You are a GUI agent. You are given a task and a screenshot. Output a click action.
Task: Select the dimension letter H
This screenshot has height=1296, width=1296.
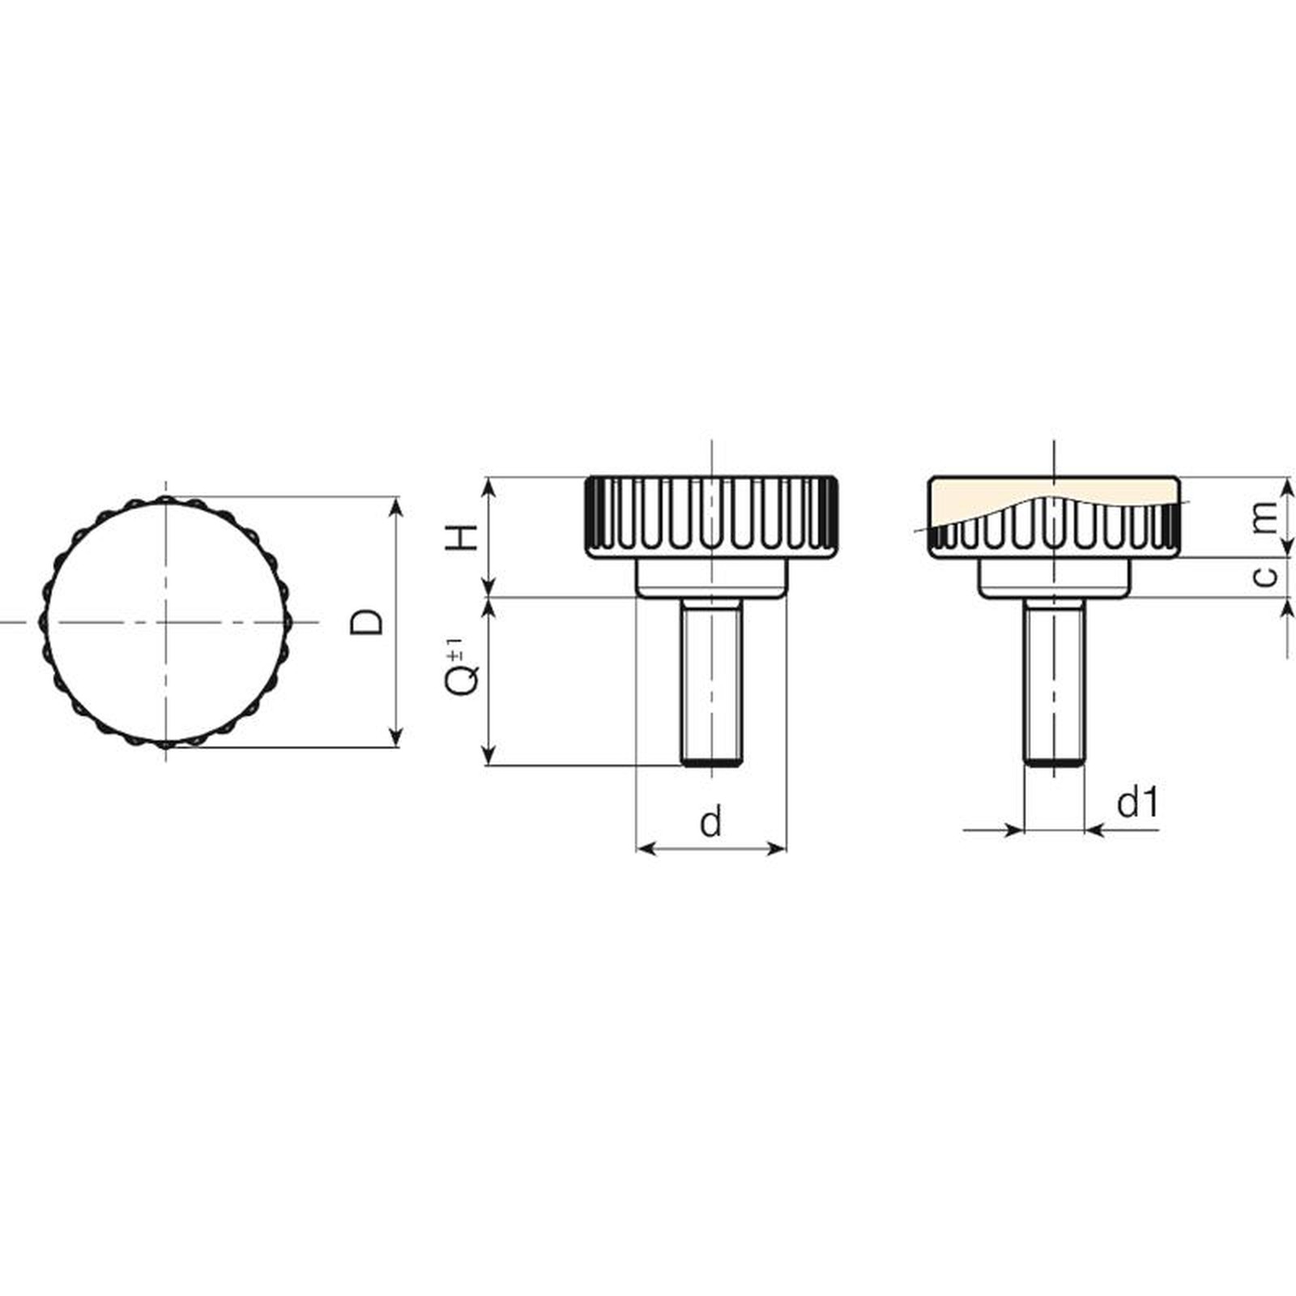[464, 537]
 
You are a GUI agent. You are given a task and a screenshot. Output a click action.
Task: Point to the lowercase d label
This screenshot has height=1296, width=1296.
[710, 822]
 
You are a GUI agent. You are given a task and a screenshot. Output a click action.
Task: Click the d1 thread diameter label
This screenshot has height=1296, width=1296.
[1138, 803]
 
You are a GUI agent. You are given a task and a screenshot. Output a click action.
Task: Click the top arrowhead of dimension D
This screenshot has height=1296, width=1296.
[395, 505]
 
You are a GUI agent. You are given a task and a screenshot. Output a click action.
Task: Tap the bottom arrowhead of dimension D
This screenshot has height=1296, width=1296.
[395, 737]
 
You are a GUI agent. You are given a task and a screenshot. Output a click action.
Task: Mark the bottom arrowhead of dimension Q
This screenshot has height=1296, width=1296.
[488, 755]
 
